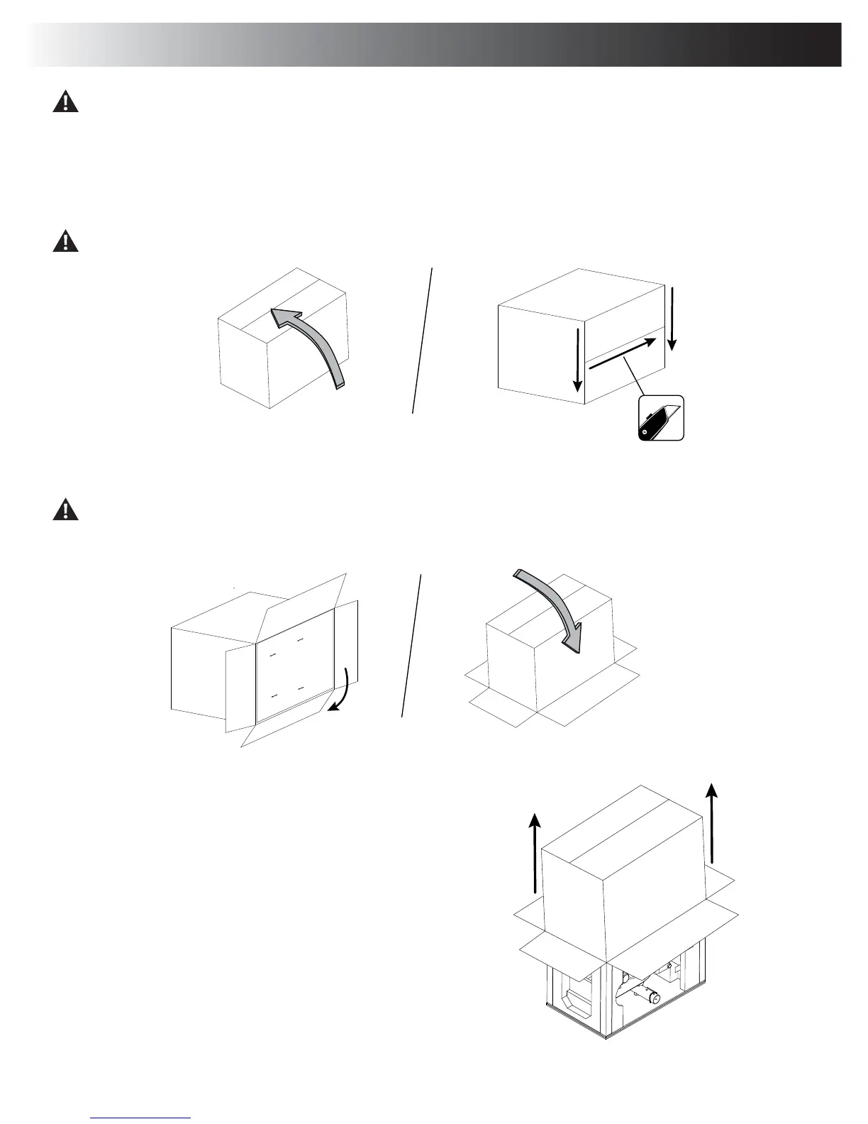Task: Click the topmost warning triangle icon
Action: pyautogui.click(x=65, y=102)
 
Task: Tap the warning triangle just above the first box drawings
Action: pyautogui.click(x=65, y=241)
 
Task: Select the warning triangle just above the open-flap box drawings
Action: pyautogui.click(x=65, y=509)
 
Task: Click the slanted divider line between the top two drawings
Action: pyautogui.click(x=422, y=341)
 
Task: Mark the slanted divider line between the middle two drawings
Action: pyautogui.click(x=411, y=646)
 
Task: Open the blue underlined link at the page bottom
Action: pyautogui.click(x=141, y=1116)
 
